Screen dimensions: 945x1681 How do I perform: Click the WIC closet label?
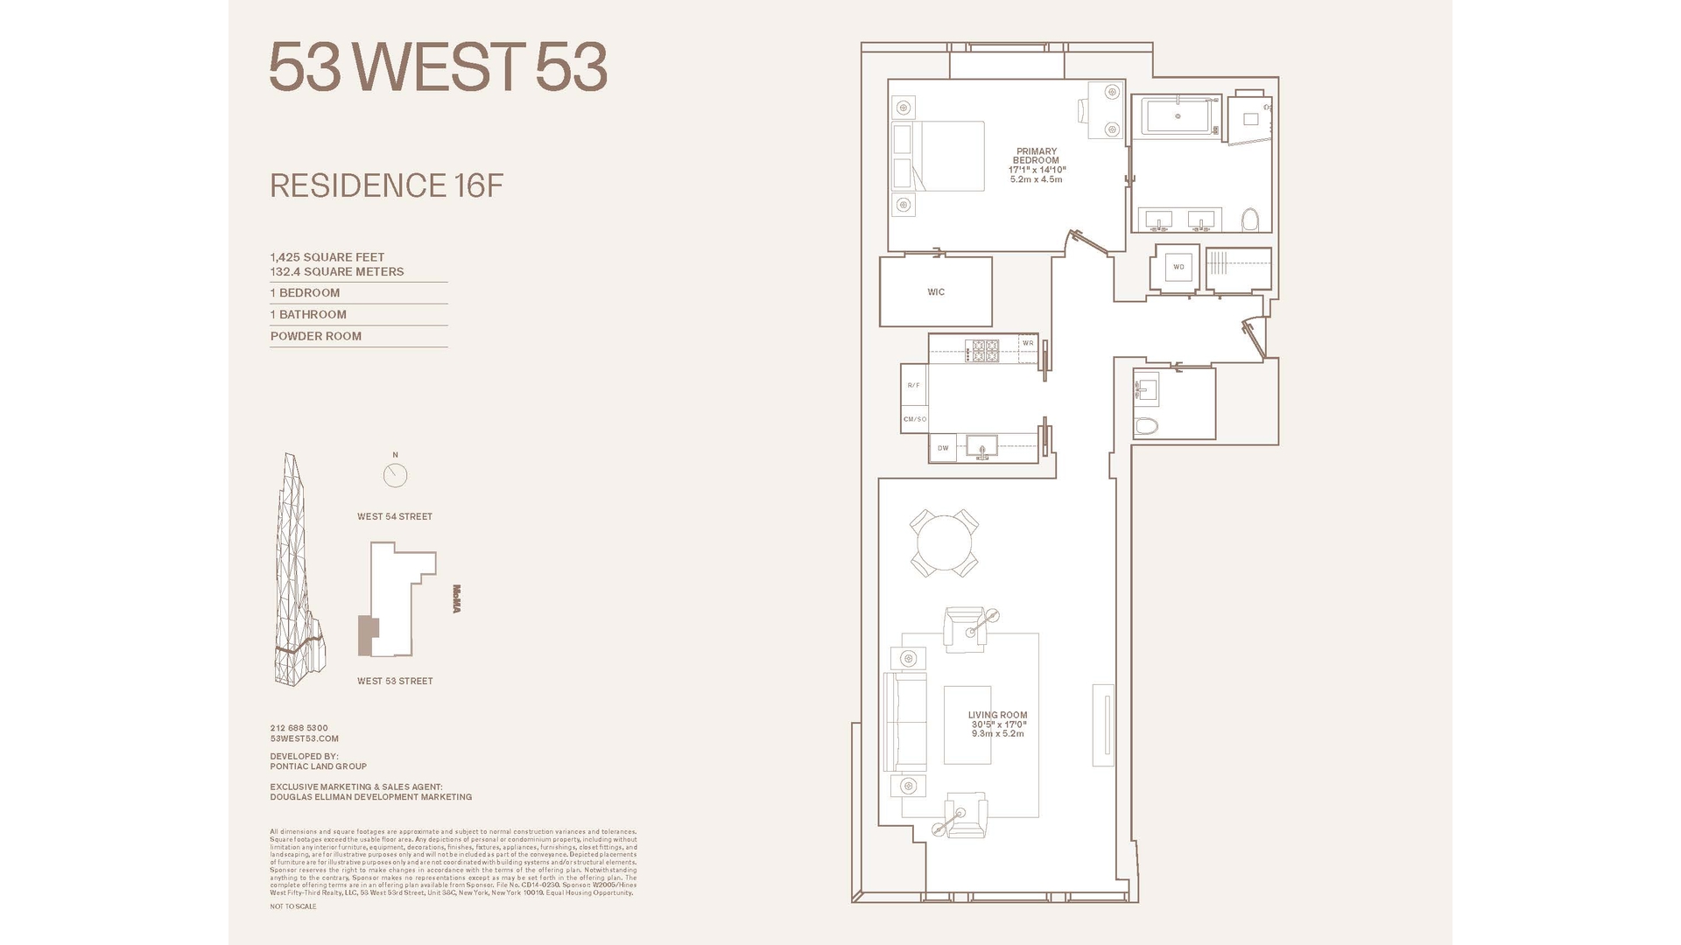coord(936,292)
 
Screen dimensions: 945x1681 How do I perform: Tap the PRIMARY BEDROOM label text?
coord(1036,156)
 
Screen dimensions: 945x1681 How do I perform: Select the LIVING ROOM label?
coord(997,715)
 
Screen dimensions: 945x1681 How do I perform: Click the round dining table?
coord(944,543)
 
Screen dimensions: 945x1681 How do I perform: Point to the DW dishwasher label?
coord(943,448)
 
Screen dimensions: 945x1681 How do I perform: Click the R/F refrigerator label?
coord(913,385)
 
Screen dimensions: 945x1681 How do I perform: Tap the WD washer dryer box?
coord(1178,267)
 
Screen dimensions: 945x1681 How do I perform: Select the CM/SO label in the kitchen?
coord(915,419)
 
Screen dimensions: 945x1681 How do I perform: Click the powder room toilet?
coord(1146,426)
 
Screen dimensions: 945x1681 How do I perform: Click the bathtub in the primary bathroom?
coord(1178,116)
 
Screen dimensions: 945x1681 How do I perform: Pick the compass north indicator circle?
coord(395,475)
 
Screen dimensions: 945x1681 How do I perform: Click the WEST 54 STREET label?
coord(395,516)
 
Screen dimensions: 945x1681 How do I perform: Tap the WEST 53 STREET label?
coord(395,681)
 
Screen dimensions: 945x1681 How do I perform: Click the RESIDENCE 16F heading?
coord(386,185)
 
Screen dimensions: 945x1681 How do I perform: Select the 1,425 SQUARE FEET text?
coord(327,257)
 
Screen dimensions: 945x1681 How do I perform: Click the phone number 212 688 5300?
coord(299,728)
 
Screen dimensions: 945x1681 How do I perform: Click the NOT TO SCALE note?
coord(293,906)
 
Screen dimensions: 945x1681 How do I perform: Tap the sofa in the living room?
coord(905,722)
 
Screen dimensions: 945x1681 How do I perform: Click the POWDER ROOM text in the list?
coord(315,336)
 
